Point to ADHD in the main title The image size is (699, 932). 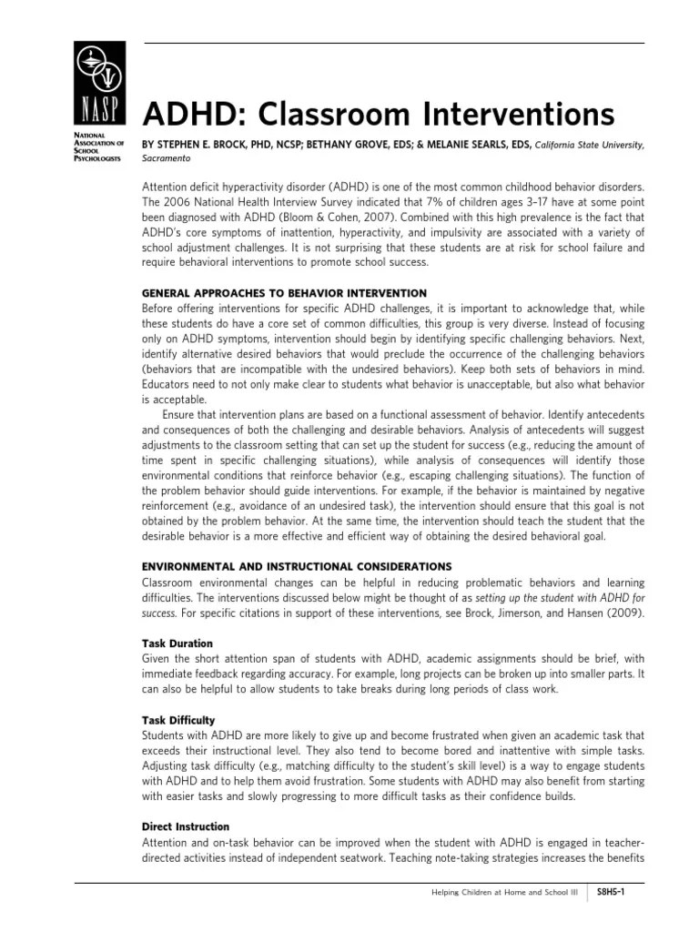189,115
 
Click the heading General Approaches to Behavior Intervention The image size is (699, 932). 284,293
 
